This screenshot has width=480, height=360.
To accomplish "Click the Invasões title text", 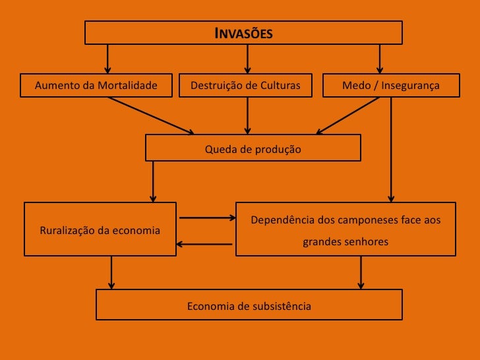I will coord(243,33).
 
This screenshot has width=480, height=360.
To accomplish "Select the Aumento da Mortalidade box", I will coord(96,86).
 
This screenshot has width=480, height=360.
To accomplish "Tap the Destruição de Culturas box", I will coord(245,86).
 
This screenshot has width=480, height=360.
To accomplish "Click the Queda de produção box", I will coord(253,148).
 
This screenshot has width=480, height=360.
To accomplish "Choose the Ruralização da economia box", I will coord(100,229).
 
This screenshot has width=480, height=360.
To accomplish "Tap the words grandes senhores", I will coord(345,242).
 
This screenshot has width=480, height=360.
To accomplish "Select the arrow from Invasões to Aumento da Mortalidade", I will coord(107,59).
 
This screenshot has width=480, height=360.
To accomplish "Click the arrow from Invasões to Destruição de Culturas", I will coord(248,59).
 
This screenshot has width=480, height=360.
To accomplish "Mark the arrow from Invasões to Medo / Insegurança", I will coord(380,59).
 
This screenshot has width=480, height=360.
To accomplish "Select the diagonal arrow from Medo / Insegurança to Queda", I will coord(349,116).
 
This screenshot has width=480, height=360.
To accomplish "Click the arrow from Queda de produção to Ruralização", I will coord(154,181).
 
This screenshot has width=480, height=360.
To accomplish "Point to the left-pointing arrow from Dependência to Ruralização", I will coord(204,245).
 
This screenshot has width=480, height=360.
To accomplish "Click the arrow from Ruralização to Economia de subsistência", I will coord(111,272).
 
